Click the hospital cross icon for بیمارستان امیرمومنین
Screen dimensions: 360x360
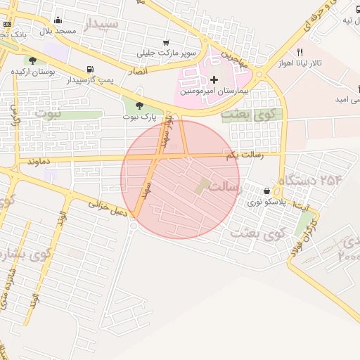[x=214, y=80]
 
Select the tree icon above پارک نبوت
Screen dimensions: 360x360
[x=139, y=105]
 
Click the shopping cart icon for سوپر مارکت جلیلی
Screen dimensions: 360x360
[x=165, y=42]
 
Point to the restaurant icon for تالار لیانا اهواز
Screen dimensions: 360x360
[x=300, y=52]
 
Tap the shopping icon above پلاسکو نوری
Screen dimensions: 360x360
[x=266, y=191]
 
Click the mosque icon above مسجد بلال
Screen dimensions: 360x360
[x=57, y=20]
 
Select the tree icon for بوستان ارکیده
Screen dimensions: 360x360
[x=33, y=60]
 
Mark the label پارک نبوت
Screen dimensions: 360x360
[x=139, y=116]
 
